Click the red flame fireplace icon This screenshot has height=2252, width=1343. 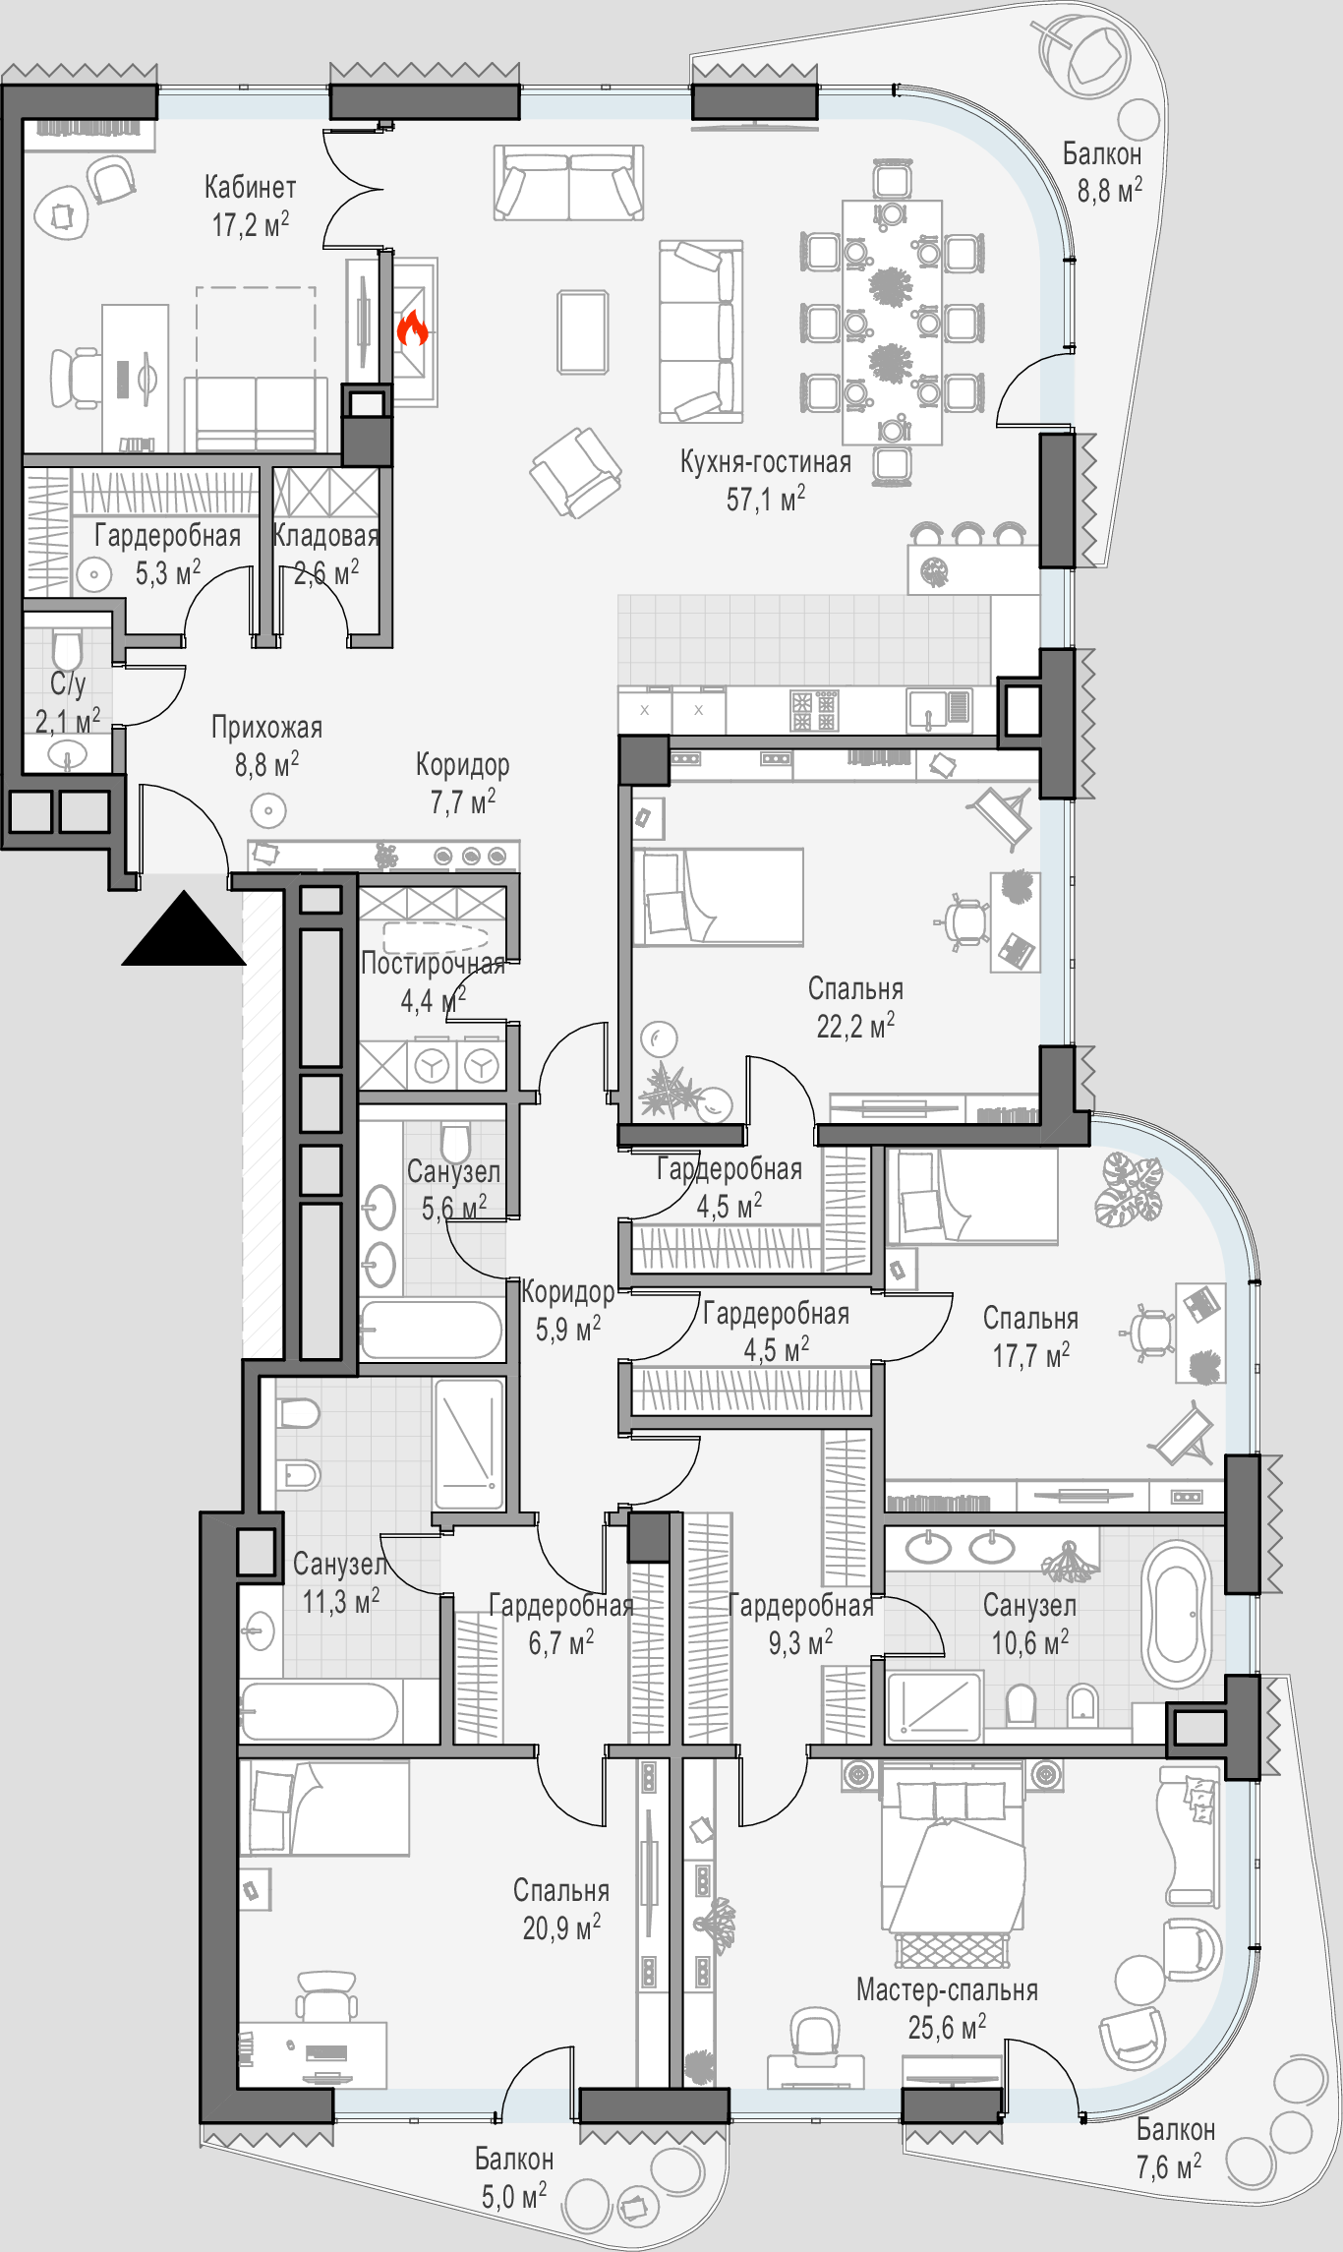413,328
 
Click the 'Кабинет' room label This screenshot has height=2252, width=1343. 250,187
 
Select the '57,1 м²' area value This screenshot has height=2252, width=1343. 766,500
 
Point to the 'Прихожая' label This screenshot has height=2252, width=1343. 266,728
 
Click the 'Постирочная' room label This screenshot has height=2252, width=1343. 433,964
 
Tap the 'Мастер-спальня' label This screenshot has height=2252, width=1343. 947,1990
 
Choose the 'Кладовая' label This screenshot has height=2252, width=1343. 325,536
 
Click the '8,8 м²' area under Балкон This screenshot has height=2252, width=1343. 1110,190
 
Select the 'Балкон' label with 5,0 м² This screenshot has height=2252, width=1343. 513,2160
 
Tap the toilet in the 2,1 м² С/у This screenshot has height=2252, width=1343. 67,650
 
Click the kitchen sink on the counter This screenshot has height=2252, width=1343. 939,710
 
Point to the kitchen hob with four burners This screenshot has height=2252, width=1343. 814,710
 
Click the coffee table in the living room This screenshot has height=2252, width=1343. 583,332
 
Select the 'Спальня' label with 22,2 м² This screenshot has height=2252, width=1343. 855,989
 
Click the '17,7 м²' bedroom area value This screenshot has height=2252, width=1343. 1031,1356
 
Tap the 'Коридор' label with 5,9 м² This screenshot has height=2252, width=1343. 568,1292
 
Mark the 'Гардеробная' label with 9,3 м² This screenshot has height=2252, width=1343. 800,1607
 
